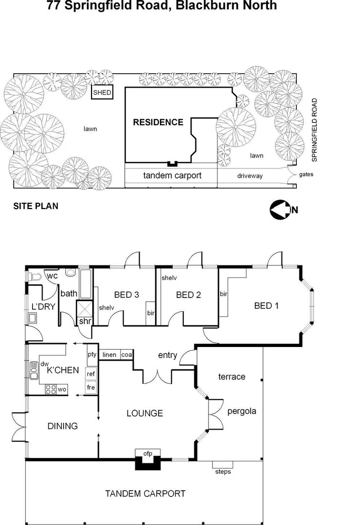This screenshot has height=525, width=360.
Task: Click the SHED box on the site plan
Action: point(102,93)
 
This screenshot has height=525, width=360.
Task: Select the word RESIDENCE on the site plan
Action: point(158,122)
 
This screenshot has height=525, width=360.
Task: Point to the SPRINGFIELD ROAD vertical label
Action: point(314,130)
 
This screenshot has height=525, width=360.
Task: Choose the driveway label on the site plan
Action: point(249,176)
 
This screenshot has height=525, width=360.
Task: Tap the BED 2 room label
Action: point(189,295)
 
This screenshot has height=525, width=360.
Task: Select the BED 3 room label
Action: point(126,295)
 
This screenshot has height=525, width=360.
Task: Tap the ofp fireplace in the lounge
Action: point(148,460)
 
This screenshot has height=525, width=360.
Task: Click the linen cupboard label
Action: point(109,354)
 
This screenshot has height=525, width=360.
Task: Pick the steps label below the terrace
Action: point(223,471)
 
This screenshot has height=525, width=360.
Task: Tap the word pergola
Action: point(242,411)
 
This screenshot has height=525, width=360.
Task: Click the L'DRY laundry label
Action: point(44,306)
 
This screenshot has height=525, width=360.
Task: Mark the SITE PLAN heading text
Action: point(35,206)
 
